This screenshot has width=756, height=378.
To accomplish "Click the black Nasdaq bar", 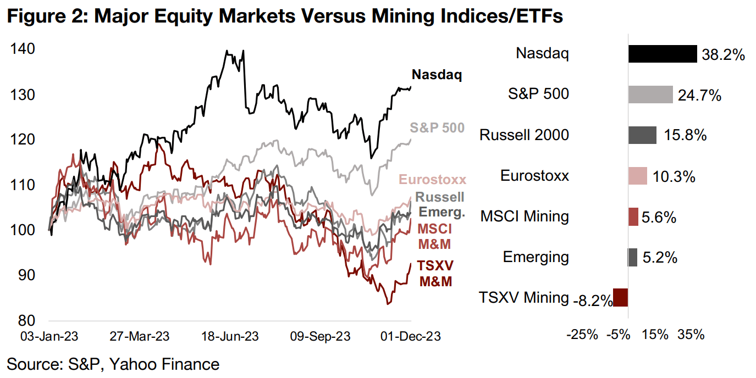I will [x=663, y=54].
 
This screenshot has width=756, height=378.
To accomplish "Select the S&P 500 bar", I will [x=650, y=94].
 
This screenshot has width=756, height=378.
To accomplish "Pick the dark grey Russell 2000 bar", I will [x=642, y=135].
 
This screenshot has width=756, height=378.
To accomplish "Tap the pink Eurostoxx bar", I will [x=638, y=176].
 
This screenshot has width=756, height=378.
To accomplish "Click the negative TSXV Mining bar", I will [x=621, y=298].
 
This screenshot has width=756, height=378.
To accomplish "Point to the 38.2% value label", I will [x=723, y=55].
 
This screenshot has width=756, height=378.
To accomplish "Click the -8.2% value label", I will [x=593, y=300].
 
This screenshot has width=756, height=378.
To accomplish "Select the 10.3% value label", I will [x=675, y=177].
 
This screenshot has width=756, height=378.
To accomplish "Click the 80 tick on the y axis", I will [x=27, y=320].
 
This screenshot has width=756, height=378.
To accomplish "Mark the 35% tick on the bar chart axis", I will [x=692, y=334].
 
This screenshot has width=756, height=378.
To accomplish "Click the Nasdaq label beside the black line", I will [x=437, y=75].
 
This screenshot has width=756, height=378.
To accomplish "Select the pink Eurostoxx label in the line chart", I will [x=432, y=180].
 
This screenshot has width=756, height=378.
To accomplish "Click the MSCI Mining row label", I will [x=525, y=216].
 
